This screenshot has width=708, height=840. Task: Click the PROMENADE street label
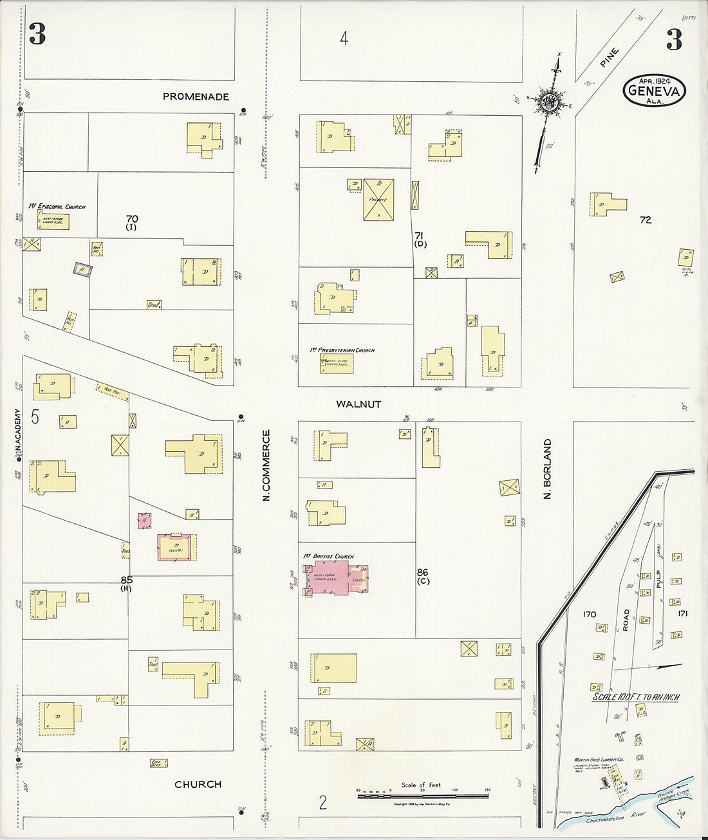pos(196,97)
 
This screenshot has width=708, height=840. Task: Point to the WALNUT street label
pos(359,404)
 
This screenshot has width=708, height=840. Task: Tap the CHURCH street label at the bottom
pos(198,784)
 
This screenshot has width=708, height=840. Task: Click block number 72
pos(646,220)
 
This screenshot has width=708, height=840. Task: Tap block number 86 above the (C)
pos(422,572)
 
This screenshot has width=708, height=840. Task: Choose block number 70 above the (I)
pos(132,219)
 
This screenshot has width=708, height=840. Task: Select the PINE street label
pos(608,57)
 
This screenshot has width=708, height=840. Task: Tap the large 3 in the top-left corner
pos(37,35)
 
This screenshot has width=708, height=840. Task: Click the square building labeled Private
pos(378,200)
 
